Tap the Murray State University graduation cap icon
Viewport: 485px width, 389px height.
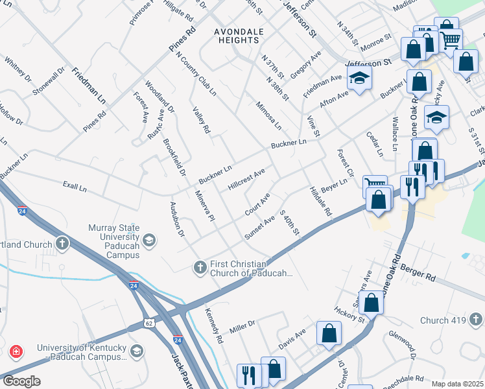149,241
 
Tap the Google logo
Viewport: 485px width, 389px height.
21,381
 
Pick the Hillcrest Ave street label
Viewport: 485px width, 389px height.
246,180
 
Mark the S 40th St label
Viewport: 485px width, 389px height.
289,222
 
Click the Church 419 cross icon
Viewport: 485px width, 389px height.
475,320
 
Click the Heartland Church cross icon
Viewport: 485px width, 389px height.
62,244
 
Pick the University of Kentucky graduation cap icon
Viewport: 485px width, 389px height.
136,351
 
